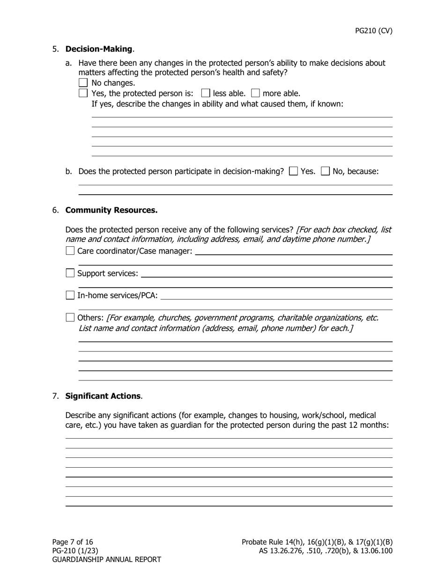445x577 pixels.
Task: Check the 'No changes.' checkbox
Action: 83,83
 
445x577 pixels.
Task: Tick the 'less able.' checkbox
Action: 206,93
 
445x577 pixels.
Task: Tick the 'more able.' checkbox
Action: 255,93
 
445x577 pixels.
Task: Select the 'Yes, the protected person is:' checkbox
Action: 83,93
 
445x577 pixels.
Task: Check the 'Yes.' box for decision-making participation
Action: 294,171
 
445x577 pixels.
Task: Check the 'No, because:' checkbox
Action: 325,171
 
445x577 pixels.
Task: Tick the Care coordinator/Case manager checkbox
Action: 70,251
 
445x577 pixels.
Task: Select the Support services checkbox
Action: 70,273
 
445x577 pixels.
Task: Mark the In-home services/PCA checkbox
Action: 70,295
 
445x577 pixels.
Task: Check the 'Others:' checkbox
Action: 70,318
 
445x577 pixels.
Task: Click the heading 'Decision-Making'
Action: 99,49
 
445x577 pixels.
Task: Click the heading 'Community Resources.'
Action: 111,210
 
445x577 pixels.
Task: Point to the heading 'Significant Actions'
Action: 103,396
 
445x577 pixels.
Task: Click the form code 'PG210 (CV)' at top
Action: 373,31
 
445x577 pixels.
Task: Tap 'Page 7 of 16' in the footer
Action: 73,542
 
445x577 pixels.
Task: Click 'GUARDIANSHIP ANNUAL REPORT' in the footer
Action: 106,559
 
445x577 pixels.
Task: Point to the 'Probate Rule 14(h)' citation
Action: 273,542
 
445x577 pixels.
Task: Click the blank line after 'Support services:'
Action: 266,273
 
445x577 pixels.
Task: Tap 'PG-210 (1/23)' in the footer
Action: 75,551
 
